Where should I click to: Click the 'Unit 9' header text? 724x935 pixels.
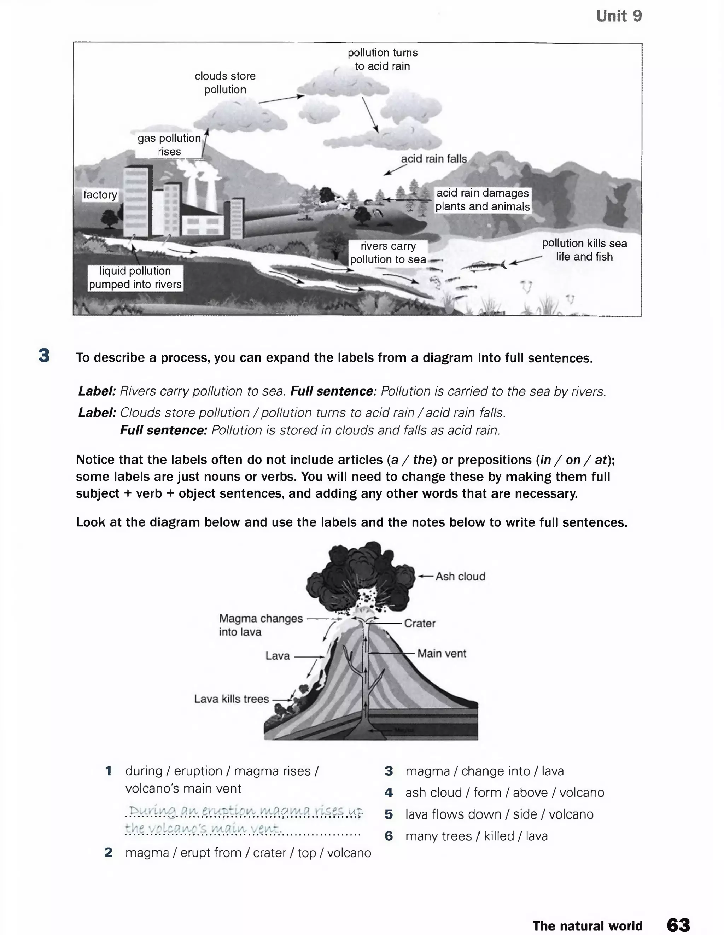(x=618, y=16)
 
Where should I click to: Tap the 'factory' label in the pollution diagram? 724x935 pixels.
(x=100, y=195)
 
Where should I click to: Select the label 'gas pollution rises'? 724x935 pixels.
(x=169, y=145)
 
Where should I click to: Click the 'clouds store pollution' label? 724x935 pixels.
(x=225, y=83)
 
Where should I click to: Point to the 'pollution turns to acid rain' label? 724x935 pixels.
(x=383, y=59)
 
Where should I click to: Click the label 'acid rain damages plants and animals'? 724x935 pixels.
(x=482, y=199)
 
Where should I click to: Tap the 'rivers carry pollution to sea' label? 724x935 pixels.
(x=388, y=253)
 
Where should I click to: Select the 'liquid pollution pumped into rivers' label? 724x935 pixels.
(x=135, y=277)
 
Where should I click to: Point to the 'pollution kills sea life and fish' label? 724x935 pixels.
(x=584, y=250)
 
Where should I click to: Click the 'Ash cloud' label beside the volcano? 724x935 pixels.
(x=460, y=577)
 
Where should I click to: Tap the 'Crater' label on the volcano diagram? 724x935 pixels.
(x=419, y=623)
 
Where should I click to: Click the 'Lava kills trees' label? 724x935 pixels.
(x=231, y=699)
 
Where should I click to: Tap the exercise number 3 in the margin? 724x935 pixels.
(x=44, y=356)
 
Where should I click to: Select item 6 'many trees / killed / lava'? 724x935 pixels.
(x=476, y=836)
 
